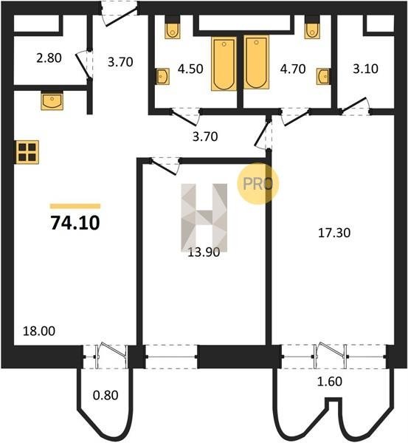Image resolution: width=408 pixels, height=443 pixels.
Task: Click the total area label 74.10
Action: (x=75, y=223)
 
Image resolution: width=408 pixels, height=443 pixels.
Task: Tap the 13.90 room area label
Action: (x=204, y=252)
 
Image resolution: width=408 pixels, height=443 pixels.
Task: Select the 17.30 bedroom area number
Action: (x=334, y=233)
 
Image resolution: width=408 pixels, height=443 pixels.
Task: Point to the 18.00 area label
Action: (x=39, y=331)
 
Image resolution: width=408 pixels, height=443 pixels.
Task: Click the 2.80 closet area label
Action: (x=49, y=58)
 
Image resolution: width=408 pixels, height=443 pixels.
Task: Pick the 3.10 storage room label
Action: (x=366, y=69)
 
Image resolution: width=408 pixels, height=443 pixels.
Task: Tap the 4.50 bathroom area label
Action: (x=190, y=69)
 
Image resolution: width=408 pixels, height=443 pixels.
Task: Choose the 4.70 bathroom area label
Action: (x=293, y=69)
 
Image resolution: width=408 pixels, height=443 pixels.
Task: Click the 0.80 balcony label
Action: (x=106, y=395)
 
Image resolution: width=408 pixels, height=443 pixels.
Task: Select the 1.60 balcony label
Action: (x=330, y=382)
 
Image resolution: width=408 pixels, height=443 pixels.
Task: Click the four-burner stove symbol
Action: (x=27, y=152)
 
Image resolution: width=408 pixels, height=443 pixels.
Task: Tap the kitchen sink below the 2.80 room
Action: (x=52, y=101)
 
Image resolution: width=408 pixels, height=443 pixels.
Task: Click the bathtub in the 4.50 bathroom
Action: (x=224, y=63)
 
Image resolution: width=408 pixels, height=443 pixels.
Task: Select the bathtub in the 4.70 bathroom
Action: (x=256, y=62)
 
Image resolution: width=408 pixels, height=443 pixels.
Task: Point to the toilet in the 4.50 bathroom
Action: (x=172, y=30)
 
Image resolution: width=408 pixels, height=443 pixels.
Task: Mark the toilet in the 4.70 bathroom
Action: (x=312, y=30)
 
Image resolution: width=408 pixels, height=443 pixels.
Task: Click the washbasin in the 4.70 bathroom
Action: (x=323, y=76)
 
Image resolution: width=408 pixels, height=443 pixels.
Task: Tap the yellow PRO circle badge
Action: (x=257, y=183)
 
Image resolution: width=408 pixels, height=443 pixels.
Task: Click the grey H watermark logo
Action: (x=204, y=218)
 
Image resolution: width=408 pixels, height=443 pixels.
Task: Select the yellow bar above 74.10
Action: (x=75, y=206)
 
